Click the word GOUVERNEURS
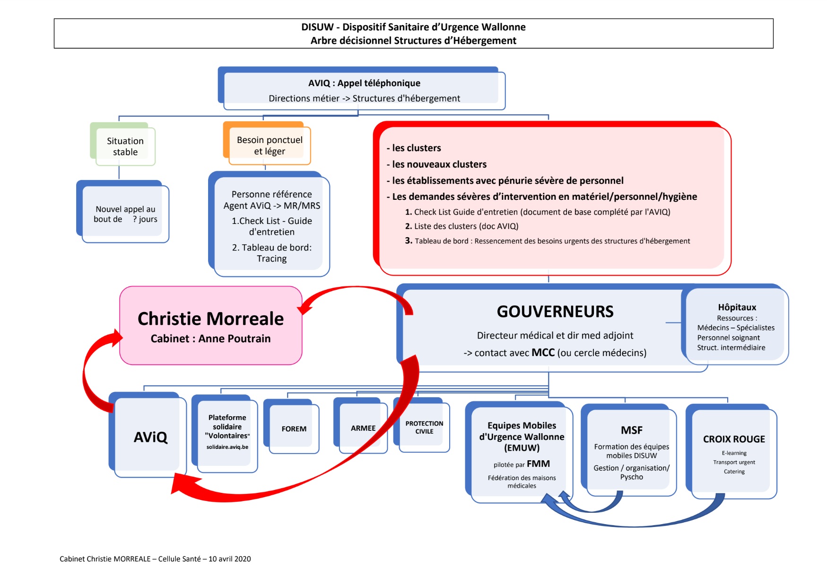click(x=555, y=312)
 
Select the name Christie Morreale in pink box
click(x=211, y=319)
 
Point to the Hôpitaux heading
click(x=737, y=307)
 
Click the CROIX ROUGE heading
click(x=734, y=439)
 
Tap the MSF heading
click(x=632, y=430)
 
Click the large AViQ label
click(x=150, y=437)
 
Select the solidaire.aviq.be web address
click(x=227, y=447)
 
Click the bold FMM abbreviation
click(x=538, y=464)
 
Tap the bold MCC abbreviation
click(x=543, y=352)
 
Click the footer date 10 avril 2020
click(x=230, y=559)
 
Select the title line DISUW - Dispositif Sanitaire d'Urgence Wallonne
click(x=413, y=27)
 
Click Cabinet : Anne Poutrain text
click(x=211, y=339)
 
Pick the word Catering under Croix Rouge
click(x=734, y=472)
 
